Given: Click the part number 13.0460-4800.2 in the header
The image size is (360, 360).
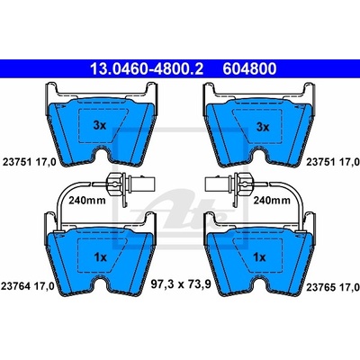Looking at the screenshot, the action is point(147,69).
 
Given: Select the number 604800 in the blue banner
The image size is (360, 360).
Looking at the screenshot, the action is point(249,69).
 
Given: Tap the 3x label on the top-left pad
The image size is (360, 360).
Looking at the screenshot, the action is point(100,126).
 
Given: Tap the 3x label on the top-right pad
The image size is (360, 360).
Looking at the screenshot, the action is point(263,127).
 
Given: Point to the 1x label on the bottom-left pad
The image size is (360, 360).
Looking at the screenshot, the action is point(101,257).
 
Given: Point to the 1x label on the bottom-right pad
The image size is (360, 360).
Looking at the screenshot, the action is point(259,257).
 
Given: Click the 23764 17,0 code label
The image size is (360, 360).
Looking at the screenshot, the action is point(28,286).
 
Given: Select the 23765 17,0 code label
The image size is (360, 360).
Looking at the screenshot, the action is point(332,287).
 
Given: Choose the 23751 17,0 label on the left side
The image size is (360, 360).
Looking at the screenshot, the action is point(29,162).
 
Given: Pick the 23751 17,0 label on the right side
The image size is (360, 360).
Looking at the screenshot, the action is point(332,162).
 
